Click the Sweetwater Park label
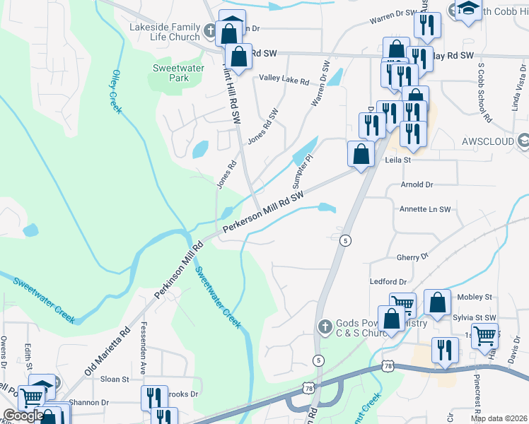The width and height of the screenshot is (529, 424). (x=170, y=73)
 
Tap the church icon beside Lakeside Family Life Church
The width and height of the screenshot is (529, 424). (x=210, y=31)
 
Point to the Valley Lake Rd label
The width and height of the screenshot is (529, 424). (x=284, y=81)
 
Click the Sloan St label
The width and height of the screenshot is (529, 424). (x=115, y=379)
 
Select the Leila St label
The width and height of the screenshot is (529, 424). (x=397, y=160)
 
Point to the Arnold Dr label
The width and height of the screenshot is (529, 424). (x=417, y=184)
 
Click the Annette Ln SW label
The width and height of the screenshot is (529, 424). (x=425, y=209)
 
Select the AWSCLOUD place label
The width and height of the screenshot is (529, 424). (x=487, y=140)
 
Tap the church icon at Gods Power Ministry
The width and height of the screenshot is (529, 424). (x=325, y=326)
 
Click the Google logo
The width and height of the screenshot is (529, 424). (x=23, y=416)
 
